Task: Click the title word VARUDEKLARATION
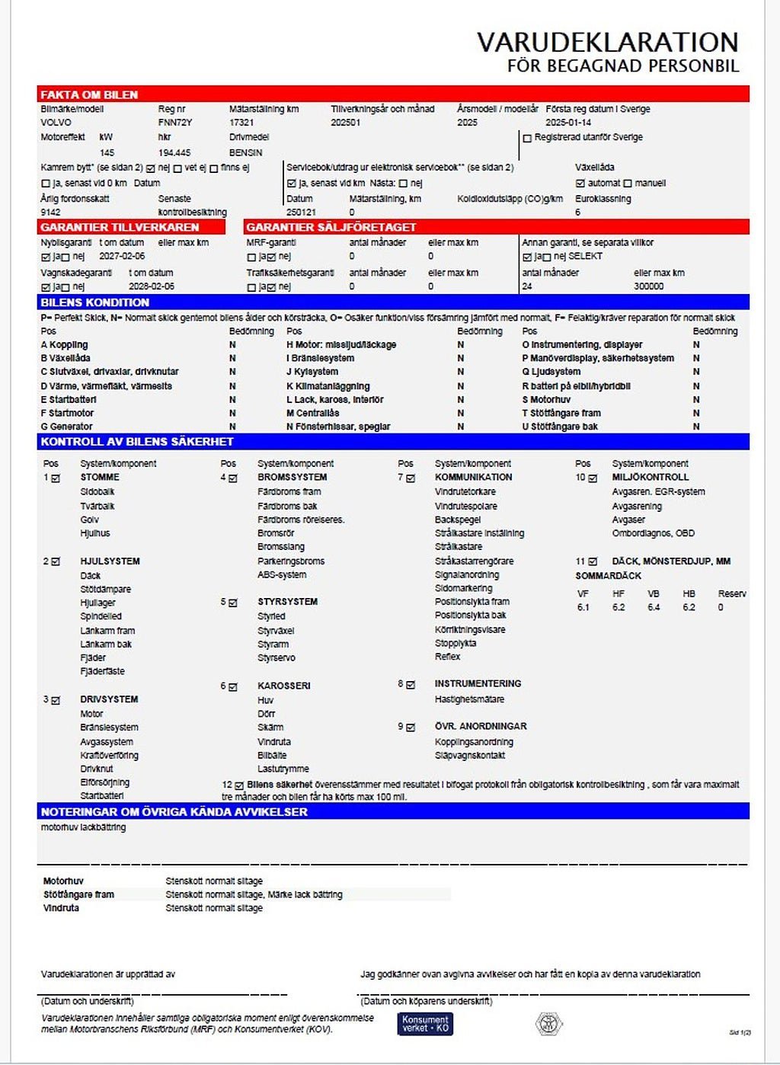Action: point(607,42)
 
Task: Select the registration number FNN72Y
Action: point(175,123)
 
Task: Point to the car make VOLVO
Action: point(56,123)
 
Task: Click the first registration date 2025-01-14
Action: point(568,123)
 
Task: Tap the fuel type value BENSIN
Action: point(245,152)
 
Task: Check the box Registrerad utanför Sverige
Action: point(527,139)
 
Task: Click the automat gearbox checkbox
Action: point(580,184)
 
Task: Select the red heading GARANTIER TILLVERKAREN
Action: point(120,227)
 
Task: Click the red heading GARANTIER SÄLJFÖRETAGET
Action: point(331,227)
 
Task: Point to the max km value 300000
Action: point(648,286)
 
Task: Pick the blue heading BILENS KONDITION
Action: point(94,302)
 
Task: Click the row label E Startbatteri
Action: point(69,399)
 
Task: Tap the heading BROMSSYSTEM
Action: point(292,478)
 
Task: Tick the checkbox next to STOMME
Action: point(56,478)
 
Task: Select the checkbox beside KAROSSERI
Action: point(233,686)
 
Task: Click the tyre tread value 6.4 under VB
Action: point(654,608)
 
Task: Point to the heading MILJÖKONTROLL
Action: point(650,478)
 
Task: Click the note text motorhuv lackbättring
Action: point(83,827)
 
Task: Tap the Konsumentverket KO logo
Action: point(425,1024)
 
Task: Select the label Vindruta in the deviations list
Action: point(61,908)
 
